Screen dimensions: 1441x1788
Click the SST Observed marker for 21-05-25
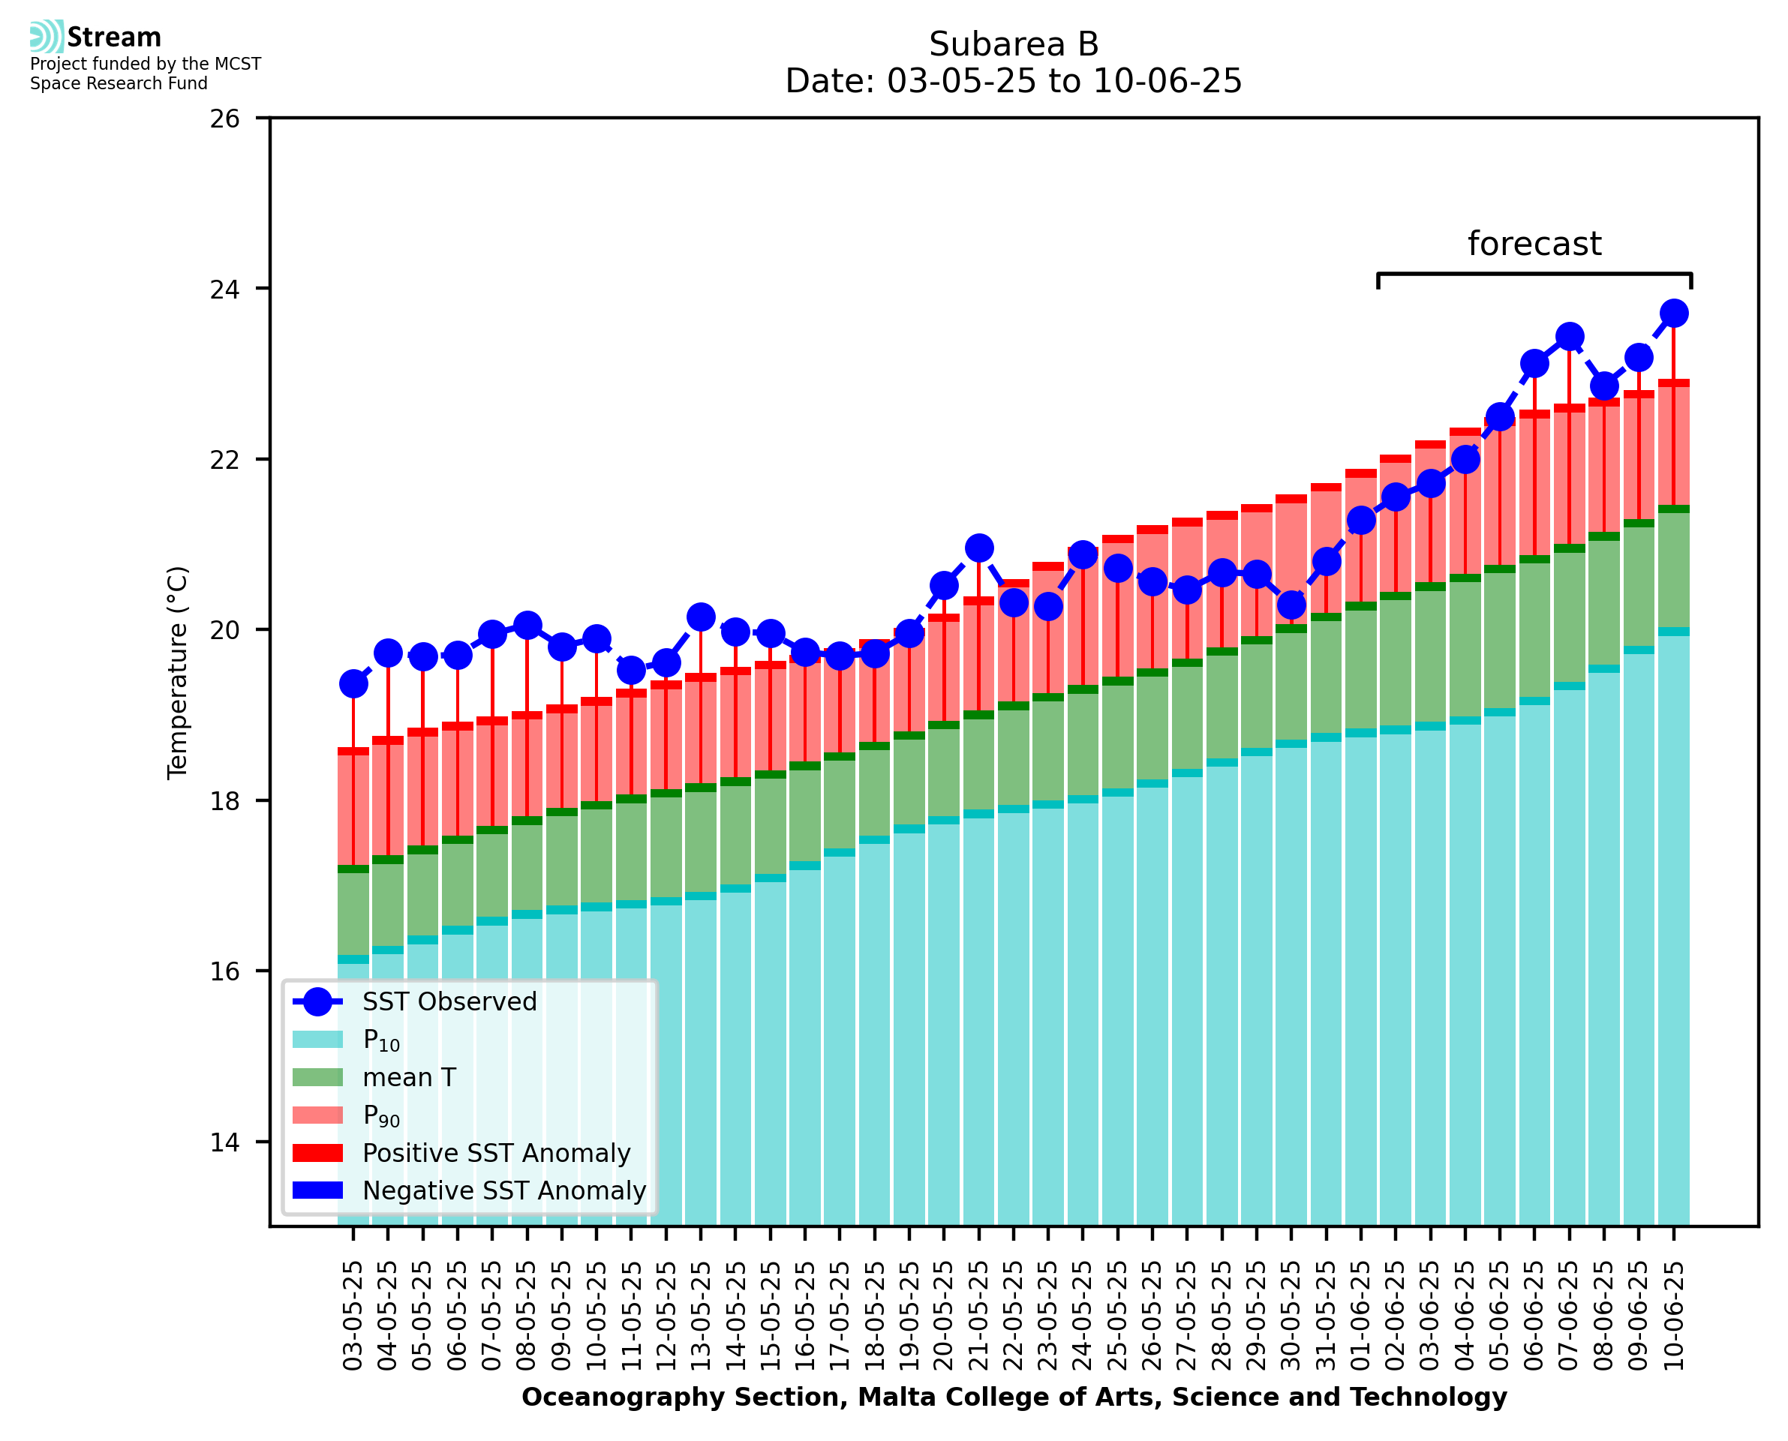pyautogui.click(x=978, y=548)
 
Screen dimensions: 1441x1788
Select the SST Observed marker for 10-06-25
pyautogui.click(x=1673, y=314)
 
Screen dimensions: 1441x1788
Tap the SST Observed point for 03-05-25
pyautogui.click(x=353, y=684)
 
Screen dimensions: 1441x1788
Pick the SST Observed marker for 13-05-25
pyautogui.click(x=701, y=617)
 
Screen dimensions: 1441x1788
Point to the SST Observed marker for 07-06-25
pyautogui.click(x=1569, y=337)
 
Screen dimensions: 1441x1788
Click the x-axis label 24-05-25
pyautogui.click(x=1083, y=1316)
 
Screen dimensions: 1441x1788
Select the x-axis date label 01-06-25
pyautogui.click(x=1360, y=1316)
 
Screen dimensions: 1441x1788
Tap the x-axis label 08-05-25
pyautogui.click(x=527, y=1316)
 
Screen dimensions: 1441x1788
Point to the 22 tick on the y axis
pyautogui.click(x=224, y=460)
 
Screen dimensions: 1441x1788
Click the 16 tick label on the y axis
pyautogui.click(x=224, y=972)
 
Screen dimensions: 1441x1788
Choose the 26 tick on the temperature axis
pyautogui.click(x=224, y=119)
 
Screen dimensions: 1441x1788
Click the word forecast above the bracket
pyautogui.click(x=1534, y=244)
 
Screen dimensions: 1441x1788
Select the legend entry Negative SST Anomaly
pyautogui.click(x=504, y=1190)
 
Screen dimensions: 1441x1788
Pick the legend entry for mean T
pyautogui.click(x=409, y=1077)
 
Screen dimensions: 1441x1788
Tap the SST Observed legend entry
pyautogui.click(x=449, y=1002)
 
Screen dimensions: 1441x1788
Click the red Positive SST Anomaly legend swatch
pyautogui.click(x=317, y=1153)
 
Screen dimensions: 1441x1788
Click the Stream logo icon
pyautogui.click(x=47, y=37)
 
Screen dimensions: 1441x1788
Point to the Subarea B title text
pyautogui.click(x=1014, y=44)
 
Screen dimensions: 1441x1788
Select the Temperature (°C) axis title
pyautogui.click(x=178, y=672)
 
